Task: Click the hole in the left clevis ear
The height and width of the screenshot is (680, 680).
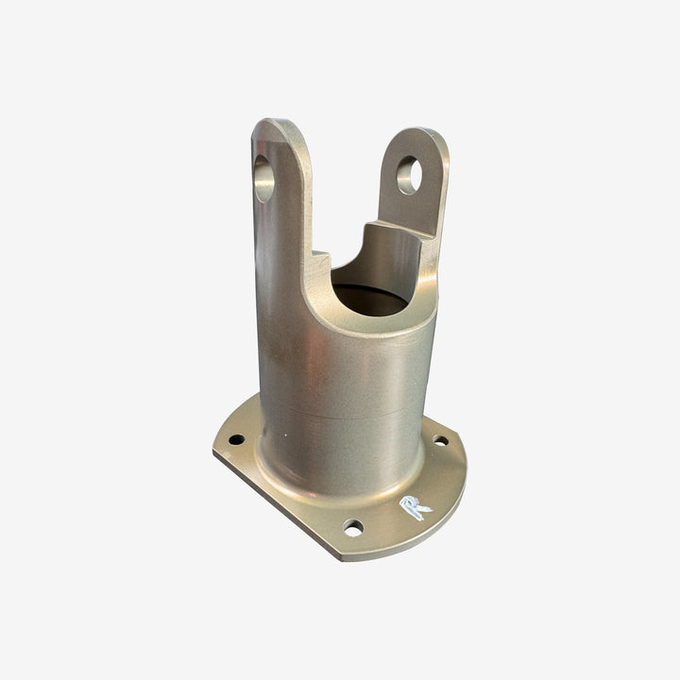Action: (264, 178)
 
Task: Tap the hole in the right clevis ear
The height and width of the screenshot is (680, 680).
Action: (409, 176)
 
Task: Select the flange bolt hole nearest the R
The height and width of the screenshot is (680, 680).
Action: (353, 527)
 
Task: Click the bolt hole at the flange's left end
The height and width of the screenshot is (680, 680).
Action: (236, 440)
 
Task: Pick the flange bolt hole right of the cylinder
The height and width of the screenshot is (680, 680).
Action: (440, 440)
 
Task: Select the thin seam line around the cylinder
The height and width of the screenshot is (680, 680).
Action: (340, 416)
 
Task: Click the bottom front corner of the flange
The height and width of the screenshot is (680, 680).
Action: (340, 557)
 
